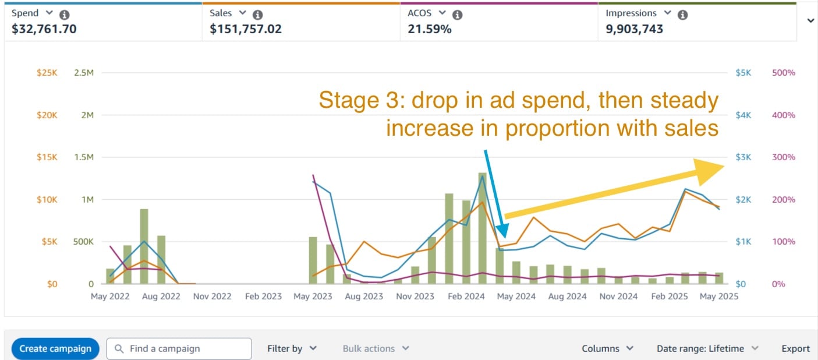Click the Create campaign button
coord(55,348)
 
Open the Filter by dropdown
coord(292,348)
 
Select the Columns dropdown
coord(608,348)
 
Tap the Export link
coord(795,348)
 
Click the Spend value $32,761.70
coord(44,29)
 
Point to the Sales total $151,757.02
coord(246,29)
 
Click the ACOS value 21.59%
coord(429,29)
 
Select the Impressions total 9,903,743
coord(634,29)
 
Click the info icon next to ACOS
coord(458,15)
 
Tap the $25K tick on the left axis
coord(47,73)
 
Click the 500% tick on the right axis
coord(783,73)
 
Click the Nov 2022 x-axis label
coord(212,296)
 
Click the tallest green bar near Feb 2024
coord(483,228)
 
